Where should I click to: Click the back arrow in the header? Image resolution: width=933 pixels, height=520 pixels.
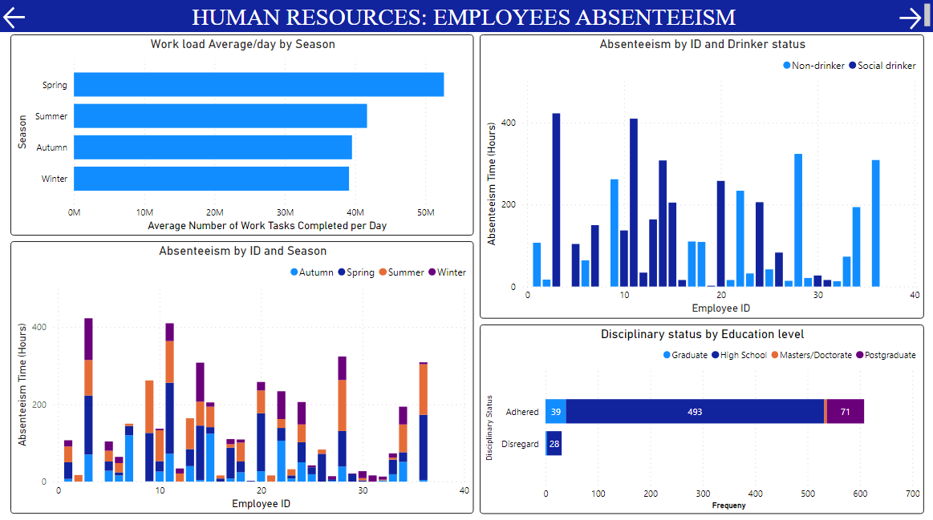(x=14, y=17)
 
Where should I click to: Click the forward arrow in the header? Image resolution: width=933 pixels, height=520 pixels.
(x=910, y=18)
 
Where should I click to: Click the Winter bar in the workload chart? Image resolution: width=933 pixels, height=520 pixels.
(x=211, y=179)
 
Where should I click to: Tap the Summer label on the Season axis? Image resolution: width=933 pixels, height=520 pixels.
(x=51, y=116)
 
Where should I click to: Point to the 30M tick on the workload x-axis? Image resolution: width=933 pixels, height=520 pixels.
(x=285, y=212)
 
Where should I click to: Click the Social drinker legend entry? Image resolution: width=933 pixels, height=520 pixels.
(x=886, y=66)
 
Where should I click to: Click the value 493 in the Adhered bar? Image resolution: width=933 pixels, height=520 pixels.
(x=695, y=412)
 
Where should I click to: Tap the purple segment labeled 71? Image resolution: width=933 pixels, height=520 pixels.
(x=845, y=412)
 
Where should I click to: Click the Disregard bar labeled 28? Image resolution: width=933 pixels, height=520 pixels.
(x=554, y=444)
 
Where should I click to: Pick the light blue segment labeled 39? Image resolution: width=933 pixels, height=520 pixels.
(x=555, y=412)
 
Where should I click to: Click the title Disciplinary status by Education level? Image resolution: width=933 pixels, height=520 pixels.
(x=702, y=334)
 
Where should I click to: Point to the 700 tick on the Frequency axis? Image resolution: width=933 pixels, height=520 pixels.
(x=912, y=494)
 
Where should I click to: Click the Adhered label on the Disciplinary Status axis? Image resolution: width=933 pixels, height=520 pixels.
(x=522, y=412)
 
